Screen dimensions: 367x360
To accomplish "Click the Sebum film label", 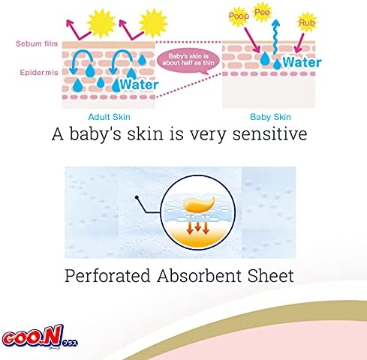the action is click(x=37, y=43).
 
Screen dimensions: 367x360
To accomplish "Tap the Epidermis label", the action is click(x=39, y=73).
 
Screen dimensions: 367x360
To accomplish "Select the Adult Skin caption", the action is click(x=109, y=117).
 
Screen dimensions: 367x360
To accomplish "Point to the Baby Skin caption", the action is click(x=270, y=117).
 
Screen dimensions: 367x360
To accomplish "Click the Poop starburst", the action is click(x=239, y=16).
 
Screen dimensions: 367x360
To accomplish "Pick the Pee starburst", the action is click(x=262, y=12).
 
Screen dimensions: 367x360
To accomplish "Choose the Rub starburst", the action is click(x=307, y=22).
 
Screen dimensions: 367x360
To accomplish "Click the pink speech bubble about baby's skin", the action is click(x=188, y=61).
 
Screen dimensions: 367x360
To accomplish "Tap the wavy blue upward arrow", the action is click(x=275, y=37).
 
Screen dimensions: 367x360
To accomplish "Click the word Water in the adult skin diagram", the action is click(x=139, y=85).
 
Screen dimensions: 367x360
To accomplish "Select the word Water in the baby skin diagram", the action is click(x=302, y=62).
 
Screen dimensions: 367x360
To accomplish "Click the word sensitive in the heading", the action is click(x=269, y=133).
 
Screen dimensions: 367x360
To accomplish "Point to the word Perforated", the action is click(x=107, y=276).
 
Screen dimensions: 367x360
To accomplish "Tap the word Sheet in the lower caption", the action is click(x=270, y=276).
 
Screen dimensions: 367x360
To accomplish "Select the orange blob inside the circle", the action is click(x=199, y=205).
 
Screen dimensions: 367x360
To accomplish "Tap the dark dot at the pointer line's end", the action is click(x=137, y=197).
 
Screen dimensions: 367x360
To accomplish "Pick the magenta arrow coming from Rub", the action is click(x=299, y=43).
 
